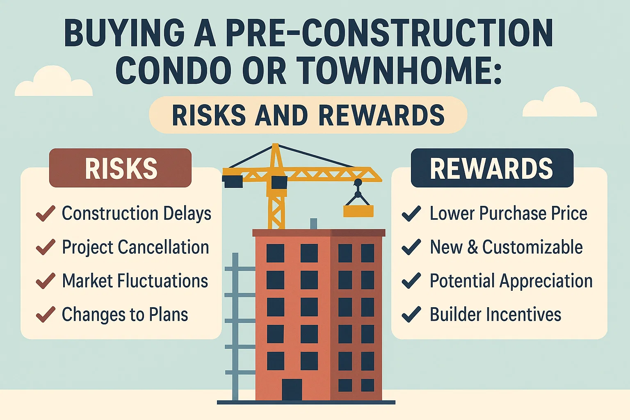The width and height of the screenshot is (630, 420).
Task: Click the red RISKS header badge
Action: click(x=120, y=168)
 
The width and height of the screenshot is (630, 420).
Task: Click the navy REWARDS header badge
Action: click(x=492, y=168)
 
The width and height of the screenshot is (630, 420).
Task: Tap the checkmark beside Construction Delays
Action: click(x=46, y=214)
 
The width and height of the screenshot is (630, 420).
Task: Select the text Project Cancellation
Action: click(x=135, y=247)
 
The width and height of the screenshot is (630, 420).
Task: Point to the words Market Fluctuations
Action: click(x=135, y=281)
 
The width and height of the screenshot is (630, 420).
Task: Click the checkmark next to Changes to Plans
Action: click(x=46, y=315)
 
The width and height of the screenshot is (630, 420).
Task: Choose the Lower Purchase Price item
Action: click(x=508, y=214)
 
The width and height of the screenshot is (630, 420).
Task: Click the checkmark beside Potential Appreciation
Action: click(x=411, y=281)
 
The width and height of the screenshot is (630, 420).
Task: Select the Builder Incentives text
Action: click(x=495, y=315)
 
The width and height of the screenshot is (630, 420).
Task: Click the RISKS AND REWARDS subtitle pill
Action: click(x=308, y=115)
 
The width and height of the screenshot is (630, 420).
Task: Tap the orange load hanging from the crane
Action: click(x=358, y=211)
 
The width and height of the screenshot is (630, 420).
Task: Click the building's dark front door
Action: click(x=292, y=389)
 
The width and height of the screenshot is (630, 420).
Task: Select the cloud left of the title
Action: click(x=53, y=83)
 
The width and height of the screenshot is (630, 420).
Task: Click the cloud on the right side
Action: click(x=559, y=104)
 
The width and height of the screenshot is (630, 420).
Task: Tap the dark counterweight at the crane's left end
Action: click(x=233, y=181)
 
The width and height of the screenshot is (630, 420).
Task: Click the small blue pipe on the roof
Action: click(x=313, y=224)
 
